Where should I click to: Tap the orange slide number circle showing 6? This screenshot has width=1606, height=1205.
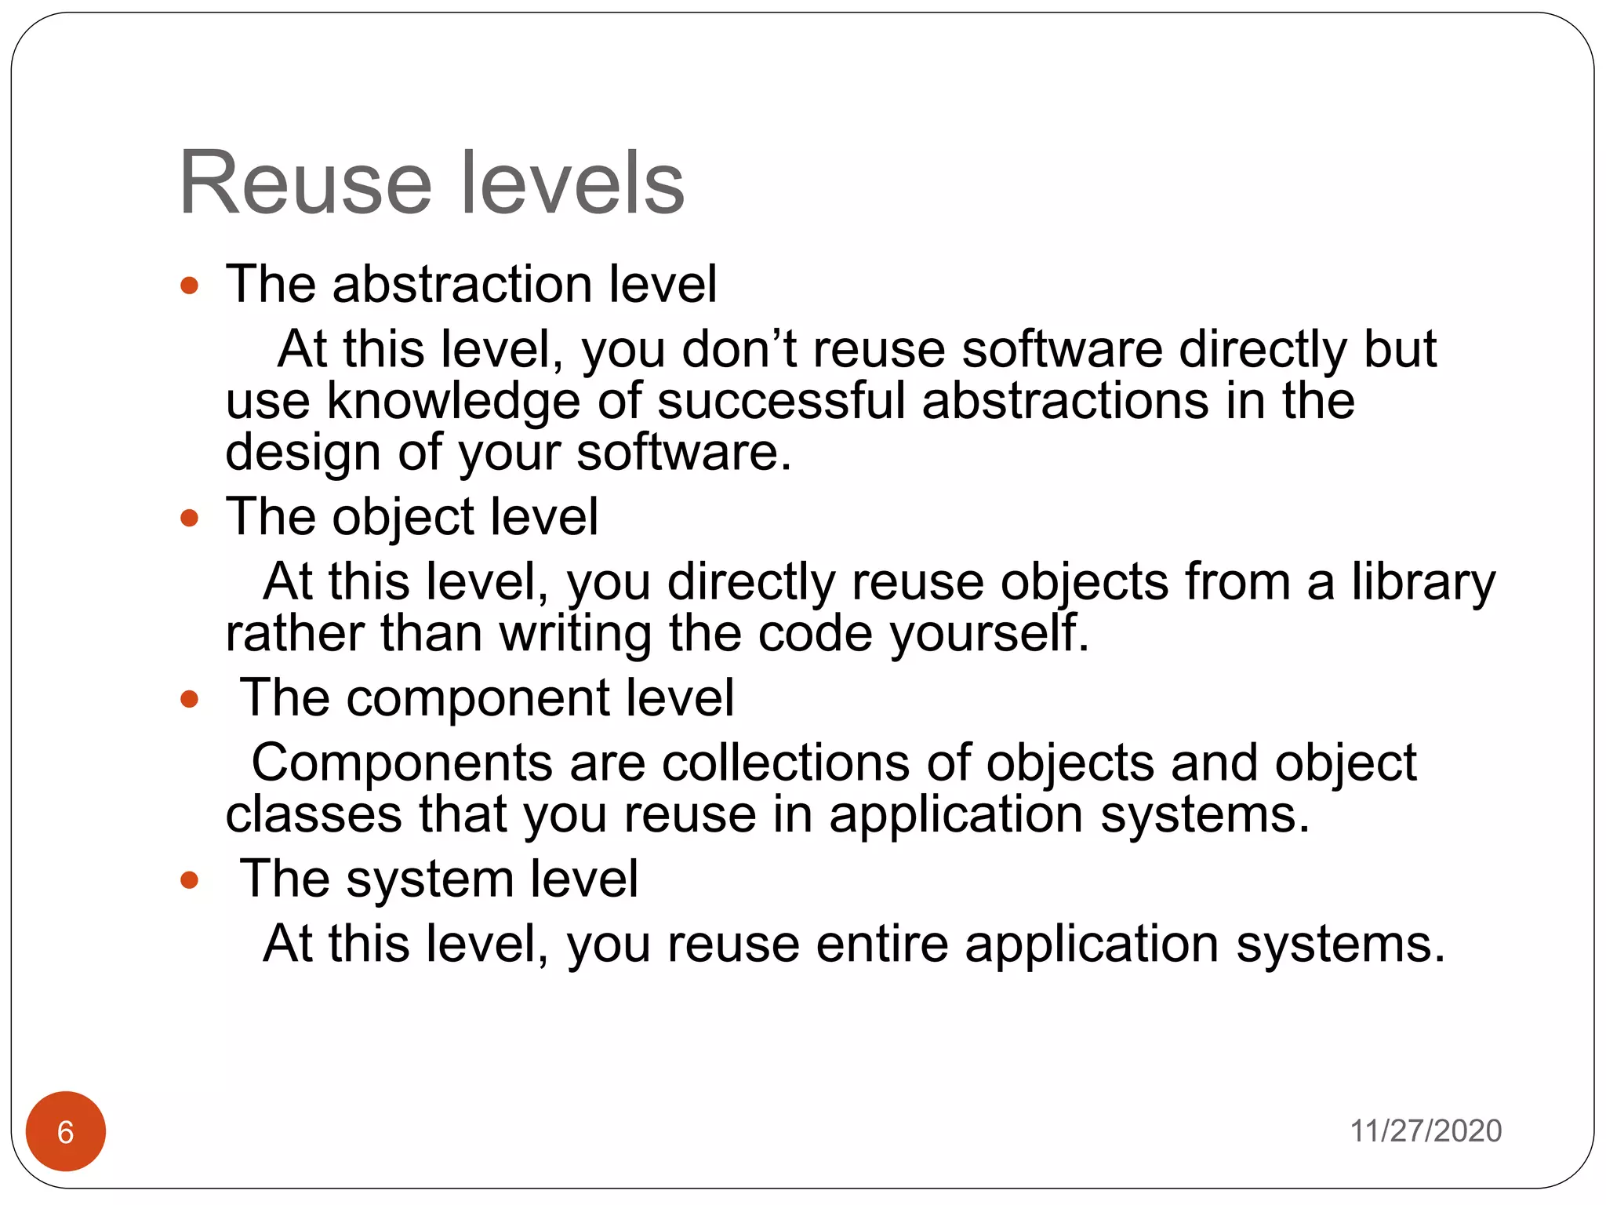[66, 1131]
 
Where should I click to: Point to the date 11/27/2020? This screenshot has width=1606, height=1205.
[1425, 1130]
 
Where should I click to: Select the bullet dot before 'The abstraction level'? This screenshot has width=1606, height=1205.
[189, 285]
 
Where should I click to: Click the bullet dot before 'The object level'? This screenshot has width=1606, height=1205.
[189, 518]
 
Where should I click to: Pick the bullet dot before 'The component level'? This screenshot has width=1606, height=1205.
[189, 698]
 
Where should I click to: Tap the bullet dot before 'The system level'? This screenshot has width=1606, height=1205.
[189, 879]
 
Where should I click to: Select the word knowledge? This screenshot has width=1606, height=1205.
[452, 402]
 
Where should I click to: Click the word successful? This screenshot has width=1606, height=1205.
[781, 400]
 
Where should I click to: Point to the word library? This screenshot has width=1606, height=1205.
[1423, 583]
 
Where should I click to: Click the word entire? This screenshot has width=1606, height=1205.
[882, 943]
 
